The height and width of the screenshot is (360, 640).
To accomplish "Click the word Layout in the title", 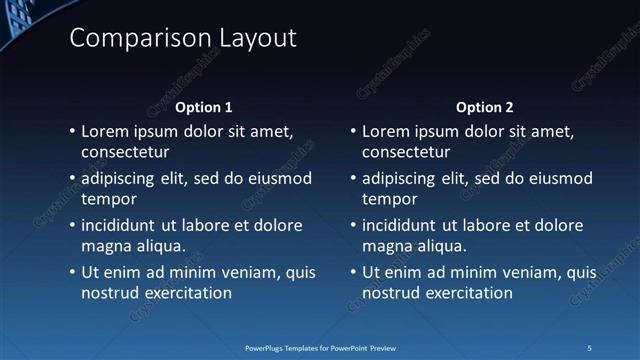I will (x=255, y=39).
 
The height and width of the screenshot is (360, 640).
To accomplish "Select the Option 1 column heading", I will (x=203, y=107).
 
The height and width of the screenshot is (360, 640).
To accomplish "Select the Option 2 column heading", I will (x=484, y=107).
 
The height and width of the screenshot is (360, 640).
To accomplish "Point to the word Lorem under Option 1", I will (x=106, y=131).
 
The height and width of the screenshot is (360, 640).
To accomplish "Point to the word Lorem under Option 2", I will (x=387, y=131).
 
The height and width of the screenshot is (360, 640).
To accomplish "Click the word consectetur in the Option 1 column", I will (x=125, y=153).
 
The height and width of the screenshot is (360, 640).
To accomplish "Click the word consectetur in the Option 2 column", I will (x=406, y=153).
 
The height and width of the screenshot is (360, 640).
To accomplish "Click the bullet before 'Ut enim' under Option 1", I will (x=72, y=272).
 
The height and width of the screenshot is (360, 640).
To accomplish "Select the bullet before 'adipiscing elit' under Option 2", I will (x=353, y=179).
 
